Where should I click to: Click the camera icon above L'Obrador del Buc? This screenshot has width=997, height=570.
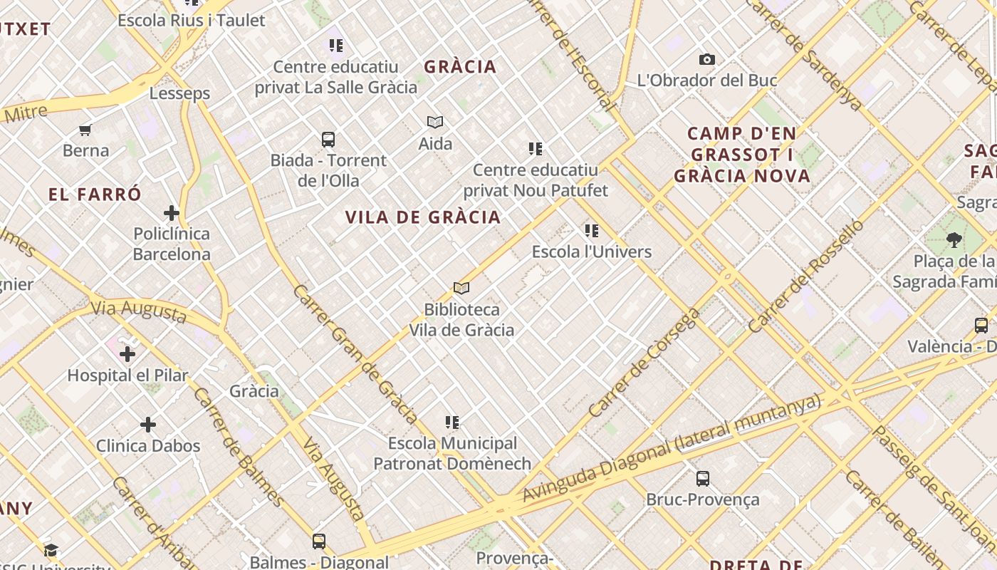[706, 60]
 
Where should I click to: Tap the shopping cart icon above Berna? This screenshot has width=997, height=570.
[85, 130]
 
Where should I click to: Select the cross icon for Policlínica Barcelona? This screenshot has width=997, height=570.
[172, 213]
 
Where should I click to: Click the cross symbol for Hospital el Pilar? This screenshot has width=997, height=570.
[127, 354]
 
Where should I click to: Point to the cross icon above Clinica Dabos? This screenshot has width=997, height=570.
[148, 425]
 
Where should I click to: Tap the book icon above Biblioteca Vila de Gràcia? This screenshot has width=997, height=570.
[461, 289]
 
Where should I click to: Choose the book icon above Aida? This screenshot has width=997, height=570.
[435, 123]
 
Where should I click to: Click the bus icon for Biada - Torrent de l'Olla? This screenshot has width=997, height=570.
[328, 140]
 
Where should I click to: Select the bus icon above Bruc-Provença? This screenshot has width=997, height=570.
[703, 479]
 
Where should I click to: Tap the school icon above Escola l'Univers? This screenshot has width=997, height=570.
[592, 231]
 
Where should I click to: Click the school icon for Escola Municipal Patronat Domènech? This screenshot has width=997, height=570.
[452, 423]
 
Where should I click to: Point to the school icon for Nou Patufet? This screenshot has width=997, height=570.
[536, 149]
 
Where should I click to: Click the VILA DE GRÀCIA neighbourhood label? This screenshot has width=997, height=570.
[423, 217]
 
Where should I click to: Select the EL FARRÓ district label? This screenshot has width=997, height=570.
[95, 194]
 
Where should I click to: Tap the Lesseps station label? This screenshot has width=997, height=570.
[179, 93]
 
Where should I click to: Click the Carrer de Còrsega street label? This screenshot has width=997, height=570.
[643, 363]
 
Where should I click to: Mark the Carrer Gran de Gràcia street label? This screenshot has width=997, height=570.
[355, 354]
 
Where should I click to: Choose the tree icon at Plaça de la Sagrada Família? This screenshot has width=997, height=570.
[954, 240]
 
